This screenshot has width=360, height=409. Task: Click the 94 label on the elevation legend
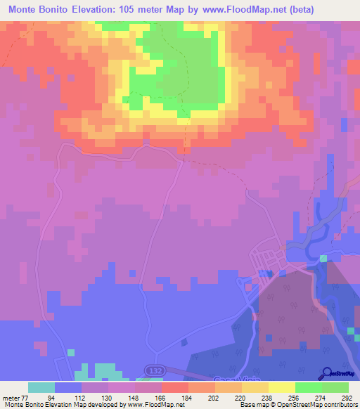(51, 397)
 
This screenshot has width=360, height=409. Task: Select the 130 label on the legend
(105, 397)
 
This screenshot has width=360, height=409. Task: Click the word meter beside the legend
(10, 397)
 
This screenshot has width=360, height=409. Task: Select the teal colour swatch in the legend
(41, 387)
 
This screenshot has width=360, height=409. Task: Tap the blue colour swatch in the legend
(68, 387)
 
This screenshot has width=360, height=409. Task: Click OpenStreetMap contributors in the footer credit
(317, 405)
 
